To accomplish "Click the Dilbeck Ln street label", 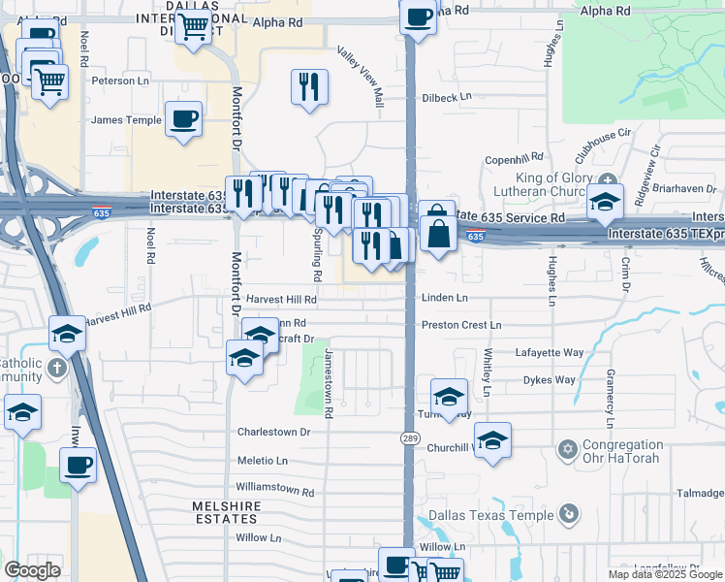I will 446,97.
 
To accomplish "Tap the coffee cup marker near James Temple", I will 183,119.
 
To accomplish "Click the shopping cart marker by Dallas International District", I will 194,27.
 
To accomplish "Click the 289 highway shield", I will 410,438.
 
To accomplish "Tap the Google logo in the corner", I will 32,570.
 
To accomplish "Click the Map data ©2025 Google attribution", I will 664,574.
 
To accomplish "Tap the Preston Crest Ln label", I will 461,325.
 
